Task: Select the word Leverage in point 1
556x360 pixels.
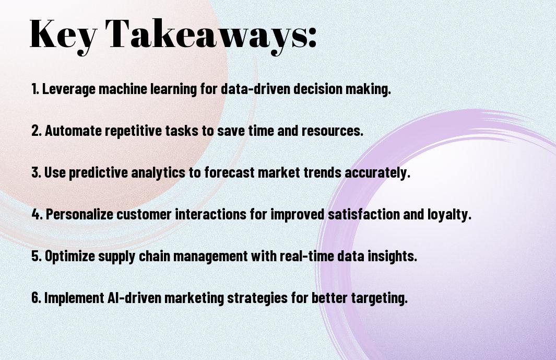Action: [x=69, y=89]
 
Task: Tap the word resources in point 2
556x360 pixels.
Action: [x=333, y=131]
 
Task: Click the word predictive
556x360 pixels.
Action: [x=98, y=173]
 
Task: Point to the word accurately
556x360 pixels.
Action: [x=377, y=173]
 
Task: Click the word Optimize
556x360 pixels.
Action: [x=70, y=257]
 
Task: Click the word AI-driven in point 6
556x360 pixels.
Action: [x=134, y=297]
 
